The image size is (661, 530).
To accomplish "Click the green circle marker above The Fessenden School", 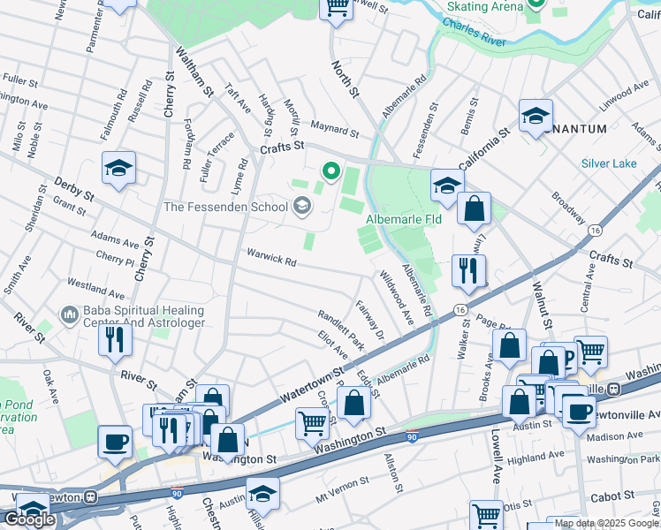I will [331, 170].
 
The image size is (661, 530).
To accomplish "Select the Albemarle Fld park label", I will [404, 218].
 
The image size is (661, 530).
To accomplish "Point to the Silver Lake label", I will [609, 163].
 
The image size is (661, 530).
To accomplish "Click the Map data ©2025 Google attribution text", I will [606, 523].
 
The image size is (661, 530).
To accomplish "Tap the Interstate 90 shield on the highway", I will [412, 435].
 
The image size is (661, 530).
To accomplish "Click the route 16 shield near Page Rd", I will [460, 310].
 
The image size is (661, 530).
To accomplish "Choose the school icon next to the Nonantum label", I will [536, 116].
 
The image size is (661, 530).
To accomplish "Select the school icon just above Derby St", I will [118, 168].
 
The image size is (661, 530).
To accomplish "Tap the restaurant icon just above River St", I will [115, 339].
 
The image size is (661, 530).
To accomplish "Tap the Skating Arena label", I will [485, 6].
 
